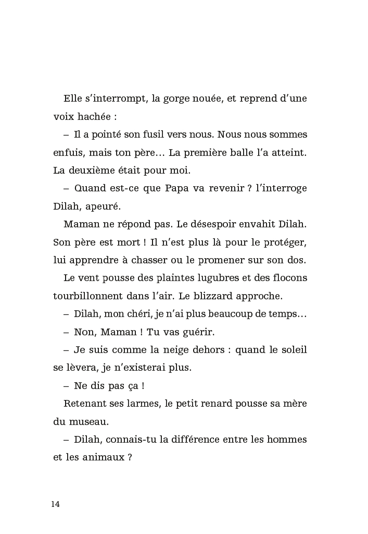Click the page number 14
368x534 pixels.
click(56, 504)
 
